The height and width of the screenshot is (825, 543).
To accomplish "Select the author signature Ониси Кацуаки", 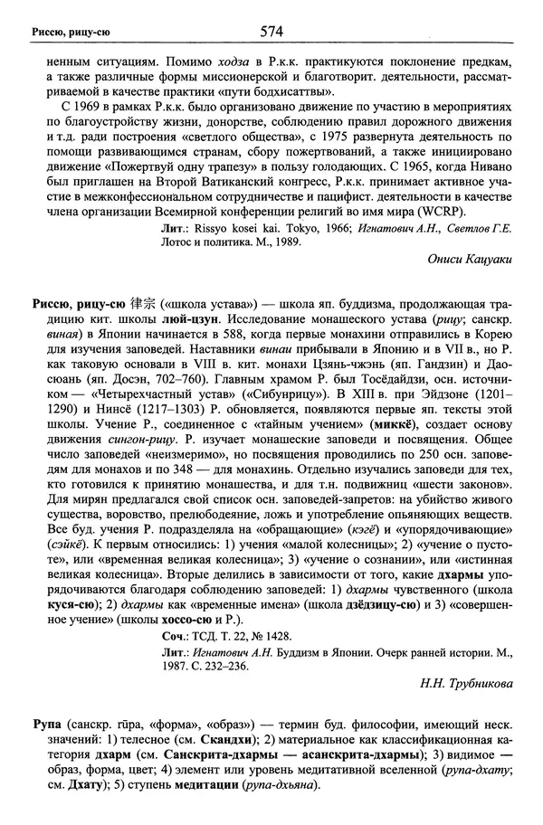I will click(469, 258).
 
